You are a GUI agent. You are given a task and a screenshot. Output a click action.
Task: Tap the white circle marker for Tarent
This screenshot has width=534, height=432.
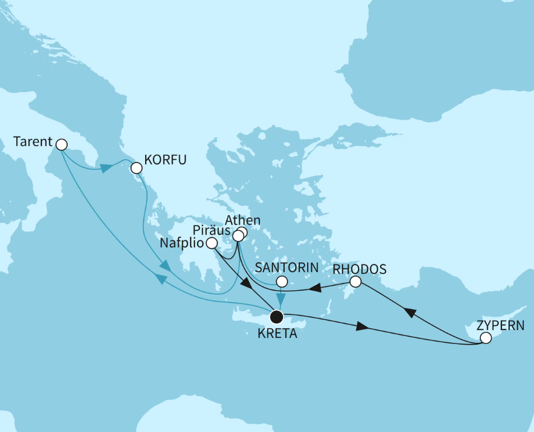[x=62, y=145]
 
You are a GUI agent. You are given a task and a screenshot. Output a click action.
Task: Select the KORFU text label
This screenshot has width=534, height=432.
[x=165, y=160]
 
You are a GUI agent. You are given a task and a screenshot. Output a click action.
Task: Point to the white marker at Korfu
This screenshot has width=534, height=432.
[x=136, y=168]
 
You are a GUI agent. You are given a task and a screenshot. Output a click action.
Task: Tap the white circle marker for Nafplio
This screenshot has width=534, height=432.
[x=212, y=243]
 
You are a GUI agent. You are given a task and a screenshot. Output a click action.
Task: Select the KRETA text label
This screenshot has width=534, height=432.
[x=276, y=336]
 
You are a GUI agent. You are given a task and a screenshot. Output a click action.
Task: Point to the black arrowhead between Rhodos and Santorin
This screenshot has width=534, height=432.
[x=317, y=288]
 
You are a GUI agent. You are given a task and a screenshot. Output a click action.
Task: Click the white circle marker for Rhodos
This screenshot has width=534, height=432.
[x=355, y=282]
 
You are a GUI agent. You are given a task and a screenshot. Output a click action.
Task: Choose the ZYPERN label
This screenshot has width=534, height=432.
[x=500, y=324]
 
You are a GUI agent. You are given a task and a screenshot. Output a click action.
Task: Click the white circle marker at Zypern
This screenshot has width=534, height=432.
[x=486, y=338]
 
